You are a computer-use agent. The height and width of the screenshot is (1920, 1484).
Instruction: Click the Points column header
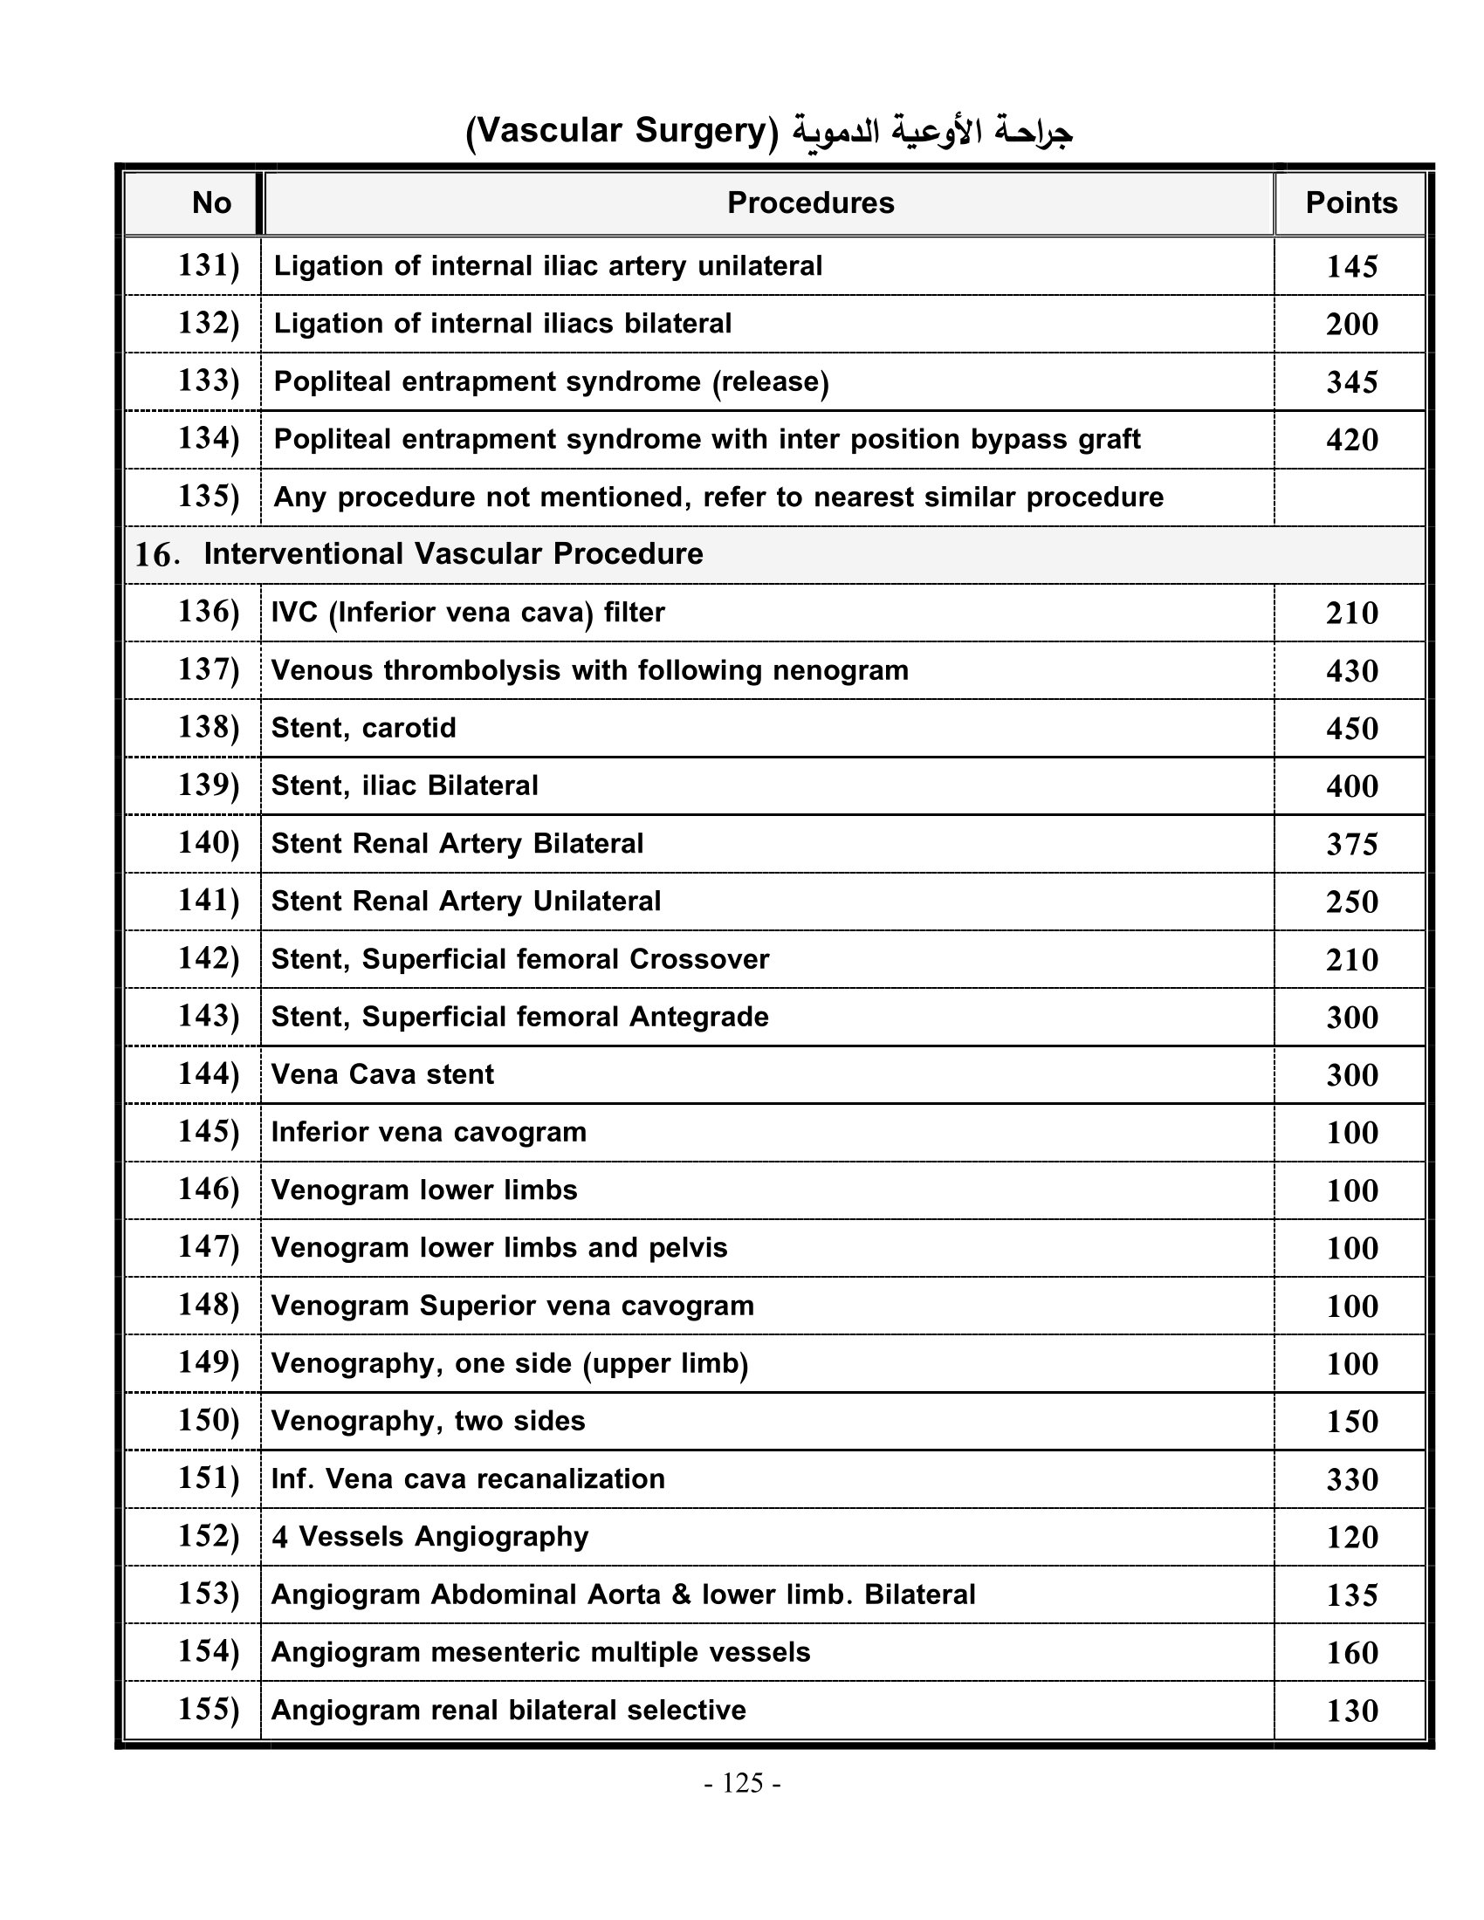click(1350, 203)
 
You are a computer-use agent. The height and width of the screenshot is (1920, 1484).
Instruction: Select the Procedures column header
click(810, 203)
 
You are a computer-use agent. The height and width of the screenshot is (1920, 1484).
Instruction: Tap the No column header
click(211, 203)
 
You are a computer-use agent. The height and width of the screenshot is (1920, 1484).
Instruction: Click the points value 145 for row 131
click(1351, 266)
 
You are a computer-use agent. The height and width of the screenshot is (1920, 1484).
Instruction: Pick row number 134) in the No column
click(209, 438)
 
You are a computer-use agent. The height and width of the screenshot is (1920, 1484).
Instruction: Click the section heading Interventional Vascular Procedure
click(453, 554)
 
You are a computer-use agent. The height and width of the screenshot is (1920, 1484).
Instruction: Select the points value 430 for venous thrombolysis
click(1351, 671)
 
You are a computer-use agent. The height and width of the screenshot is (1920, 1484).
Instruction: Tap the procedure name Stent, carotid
click(363, 728)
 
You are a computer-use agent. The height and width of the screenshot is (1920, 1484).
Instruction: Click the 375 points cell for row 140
click(1351, 844)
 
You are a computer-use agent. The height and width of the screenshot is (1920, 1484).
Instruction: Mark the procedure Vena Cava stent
click(382, 1074)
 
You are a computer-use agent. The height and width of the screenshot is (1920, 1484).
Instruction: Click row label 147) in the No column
click(209, 1246)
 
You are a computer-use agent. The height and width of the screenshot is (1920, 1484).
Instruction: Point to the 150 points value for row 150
click(1351, 1422)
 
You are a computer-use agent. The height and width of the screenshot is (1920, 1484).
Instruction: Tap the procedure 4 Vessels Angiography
click(429, 1537)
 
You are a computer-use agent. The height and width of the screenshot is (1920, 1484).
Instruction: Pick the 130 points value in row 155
click(1351, 1710)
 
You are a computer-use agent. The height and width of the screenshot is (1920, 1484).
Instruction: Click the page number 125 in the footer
click(742, 1783)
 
